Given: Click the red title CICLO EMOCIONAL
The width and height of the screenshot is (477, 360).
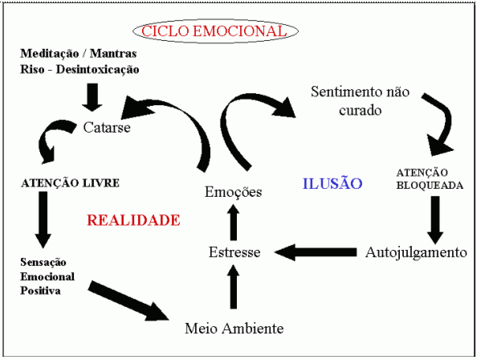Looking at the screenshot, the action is [214, 31].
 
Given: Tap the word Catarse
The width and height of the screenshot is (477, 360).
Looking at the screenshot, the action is [107, 127].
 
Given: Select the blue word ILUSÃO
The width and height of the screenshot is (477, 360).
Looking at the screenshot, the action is [332, 182].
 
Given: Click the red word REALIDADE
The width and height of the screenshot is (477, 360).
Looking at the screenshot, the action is [133, 220].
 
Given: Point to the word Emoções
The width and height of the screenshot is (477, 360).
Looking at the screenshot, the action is [234, 192].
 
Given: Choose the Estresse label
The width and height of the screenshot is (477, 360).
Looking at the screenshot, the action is [234, 252].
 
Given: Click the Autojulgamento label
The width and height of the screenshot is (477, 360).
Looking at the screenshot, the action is [416, 252].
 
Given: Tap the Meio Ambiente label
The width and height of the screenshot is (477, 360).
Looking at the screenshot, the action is [234, 329].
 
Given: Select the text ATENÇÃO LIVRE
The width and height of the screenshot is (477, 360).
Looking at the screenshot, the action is [71, 183].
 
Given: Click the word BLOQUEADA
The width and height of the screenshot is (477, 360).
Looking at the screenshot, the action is [430, 186].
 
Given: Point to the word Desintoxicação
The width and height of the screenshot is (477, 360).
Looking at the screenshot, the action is [98, 69].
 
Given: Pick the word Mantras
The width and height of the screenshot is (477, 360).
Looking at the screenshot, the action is [113, 54].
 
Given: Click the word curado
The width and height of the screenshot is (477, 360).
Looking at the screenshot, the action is [361, 110].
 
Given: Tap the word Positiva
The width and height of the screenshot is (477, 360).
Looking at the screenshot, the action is [40, 291].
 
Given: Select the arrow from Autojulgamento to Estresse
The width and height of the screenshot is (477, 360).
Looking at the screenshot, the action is [315, 252].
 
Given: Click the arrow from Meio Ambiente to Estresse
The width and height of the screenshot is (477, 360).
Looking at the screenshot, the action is [234, 287].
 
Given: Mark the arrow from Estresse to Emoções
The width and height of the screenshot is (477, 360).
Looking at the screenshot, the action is [234, 222].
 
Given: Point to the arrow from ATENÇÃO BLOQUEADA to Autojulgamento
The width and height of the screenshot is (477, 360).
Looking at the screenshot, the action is [435, 219].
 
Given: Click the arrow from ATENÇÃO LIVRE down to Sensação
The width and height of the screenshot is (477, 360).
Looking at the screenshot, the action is [43, 219].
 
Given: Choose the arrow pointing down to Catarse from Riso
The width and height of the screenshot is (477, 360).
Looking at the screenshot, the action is [92, 97].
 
